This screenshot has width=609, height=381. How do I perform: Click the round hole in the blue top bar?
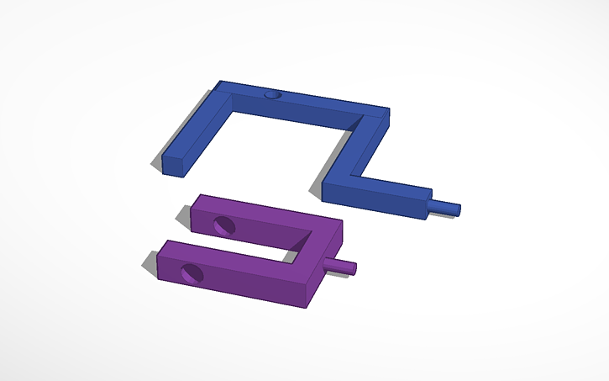270,95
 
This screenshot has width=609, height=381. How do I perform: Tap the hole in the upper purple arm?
223,225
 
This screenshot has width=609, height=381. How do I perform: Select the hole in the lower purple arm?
192,272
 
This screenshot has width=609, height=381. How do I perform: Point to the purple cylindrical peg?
347,266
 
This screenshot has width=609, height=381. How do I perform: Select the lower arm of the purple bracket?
235,273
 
